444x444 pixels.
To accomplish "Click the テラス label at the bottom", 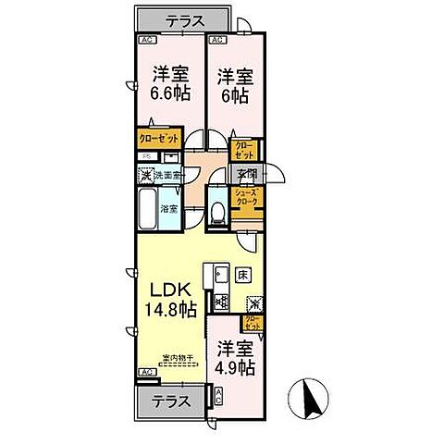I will click(x=172, y=402).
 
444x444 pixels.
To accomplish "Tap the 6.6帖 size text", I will click(x=171, y=92).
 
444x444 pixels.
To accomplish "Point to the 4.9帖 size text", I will click(x=236, y=368).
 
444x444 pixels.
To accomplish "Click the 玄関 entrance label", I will click(x=246, y=174).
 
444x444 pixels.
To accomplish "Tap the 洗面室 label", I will click(x=169, y=174).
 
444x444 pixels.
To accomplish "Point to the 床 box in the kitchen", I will click(x=240, y=274).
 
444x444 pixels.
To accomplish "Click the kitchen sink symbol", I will click(x=220, y=275).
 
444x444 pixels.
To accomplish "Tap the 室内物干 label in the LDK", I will click(x=178, y=359).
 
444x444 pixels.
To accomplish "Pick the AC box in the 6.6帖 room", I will click(x=147, y=41).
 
